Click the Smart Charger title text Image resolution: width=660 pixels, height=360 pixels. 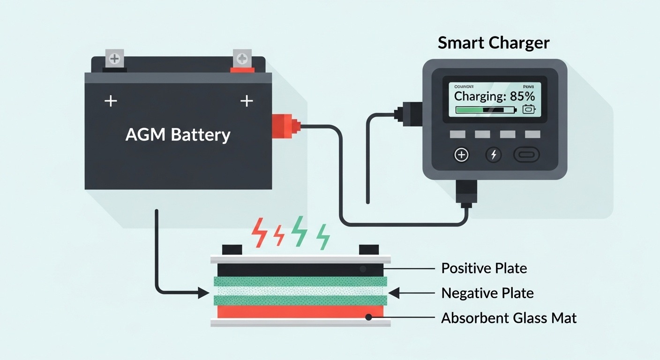494,43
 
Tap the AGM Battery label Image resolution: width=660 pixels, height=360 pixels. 178,135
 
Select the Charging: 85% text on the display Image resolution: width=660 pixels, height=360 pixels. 495,97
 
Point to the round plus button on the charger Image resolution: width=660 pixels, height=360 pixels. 462,155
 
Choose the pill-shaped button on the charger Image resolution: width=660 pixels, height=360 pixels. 526,155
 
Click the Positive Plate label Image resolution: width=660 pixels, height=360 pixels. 484,269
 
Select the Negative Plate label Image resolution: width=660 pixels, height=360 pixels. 487,293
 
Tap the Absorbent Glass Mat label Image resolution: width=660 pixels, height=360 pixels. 509,318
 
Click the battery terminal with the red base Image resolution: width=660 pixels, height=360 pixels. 242,61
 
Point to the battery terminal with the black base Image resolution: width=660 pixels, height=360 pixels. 114,60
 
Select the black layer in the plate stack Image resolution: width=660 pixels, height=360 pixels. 300,270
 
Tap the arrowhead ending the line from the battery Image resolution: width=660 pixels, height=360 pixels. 203,293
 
